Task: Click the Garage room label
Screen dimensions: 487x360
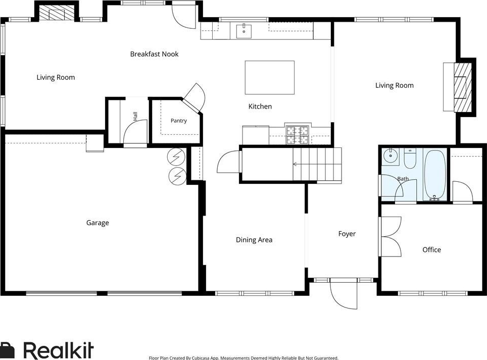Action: pyautogui.click(x=98, y=223)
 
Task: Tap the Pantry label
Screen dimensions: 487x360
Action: pyautogui.click(x=179, y=120)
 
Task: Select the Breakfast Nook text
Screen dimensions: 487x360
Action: pyautogui.click(x=155, y=54)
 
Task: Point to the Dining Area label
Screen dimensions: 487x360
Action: pyautogui.click(x=254, y=240)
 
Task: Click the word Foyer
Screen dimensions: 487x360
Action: pyautogui.click(x=347, y=234)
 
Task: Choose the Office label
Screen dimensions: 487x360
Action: pyautogui.click(x=432, y=250)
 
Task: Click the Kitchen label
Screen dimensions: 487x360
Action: pyautogui.click(x=260, y=107)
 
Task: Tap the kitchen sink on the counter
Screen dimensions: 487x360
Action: pyautogui.click(x=244, y=31)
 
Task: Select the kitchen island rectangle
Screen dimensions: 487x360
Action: pyautogui.click(x=270, y=78)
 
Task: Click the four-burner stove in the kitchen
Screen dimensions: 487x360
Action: pyautogui.click(x=298, y=135)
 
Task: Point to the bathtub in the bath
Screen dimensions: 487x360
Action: pyautogui.click(x=435, y=175)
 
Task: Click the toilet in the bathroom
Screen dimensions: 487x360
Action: pyautogui.click(x=410, y=158)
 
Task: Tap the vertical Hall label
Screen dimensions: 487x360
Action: pyautogui.click(x=135, y=116)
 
